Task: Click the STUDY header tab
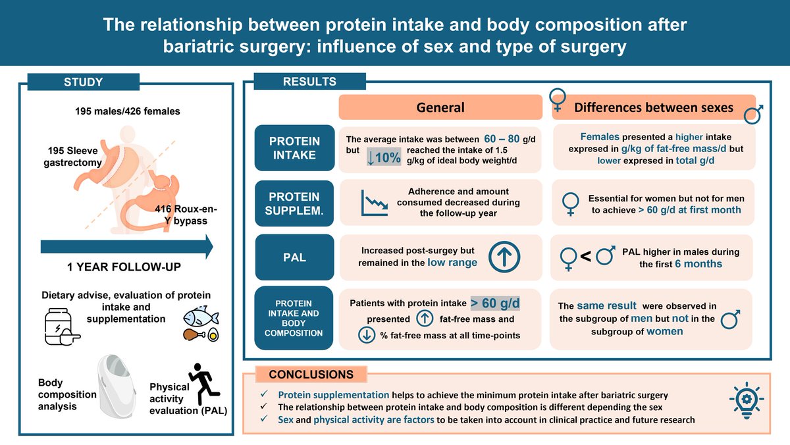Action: [83, 83]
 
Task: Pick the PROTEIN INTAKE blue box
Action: [294, 148]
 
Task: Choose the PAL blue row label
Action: [294, 257]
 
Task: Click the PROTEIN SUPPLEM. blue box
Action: [294, 203]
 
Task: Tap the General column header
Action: [440, 108]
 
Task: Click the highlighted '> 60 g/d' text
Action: [495, 303]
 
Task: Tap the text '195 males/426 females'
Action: [127, 111]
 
